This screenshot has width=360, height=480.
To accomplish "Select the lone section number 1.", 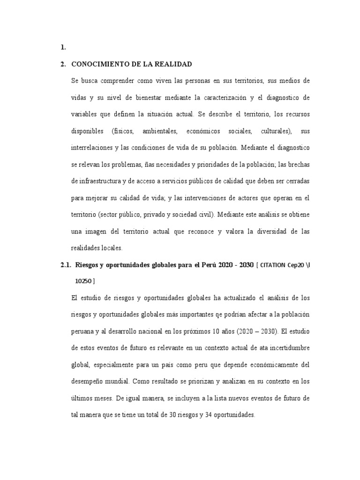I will click(63, 47).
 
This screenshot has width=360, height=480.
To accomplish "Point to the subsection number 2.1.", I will click(65, 265).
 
